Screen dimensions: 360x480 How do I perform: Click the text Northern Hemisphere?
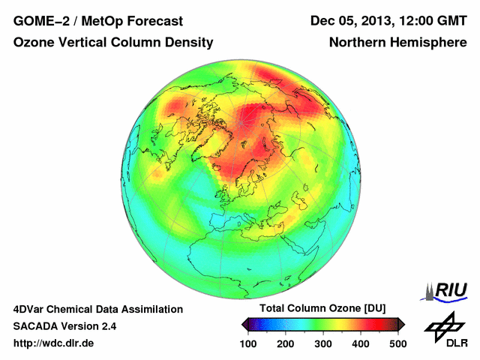click(x=397, y=43)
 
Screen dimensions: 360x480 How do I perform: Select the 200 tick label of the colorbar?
click(x=285, y=343)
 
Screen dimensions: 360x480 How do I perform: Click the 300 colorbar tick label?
click(x=322, y=343)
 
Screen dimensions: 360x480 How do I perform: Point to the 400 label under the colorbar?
click(x=360, y=343)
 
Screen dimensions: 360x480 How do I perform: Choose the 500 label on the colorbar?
click(x=397, y=343)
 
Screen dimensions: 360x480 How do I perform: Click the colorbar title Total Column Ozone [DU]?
click(x=322, y=309)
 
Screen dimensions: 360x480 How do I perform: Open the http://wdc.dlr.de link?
click(x=54, y=343)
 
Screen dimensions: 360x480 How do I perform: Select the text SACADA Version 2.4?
click(x=64, y=326)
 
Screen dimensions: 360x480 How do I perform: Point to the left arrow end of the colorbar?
click(x=244, y=324)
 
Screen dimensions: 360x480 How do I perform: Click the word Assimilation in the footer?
click(x=151, y=309)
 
